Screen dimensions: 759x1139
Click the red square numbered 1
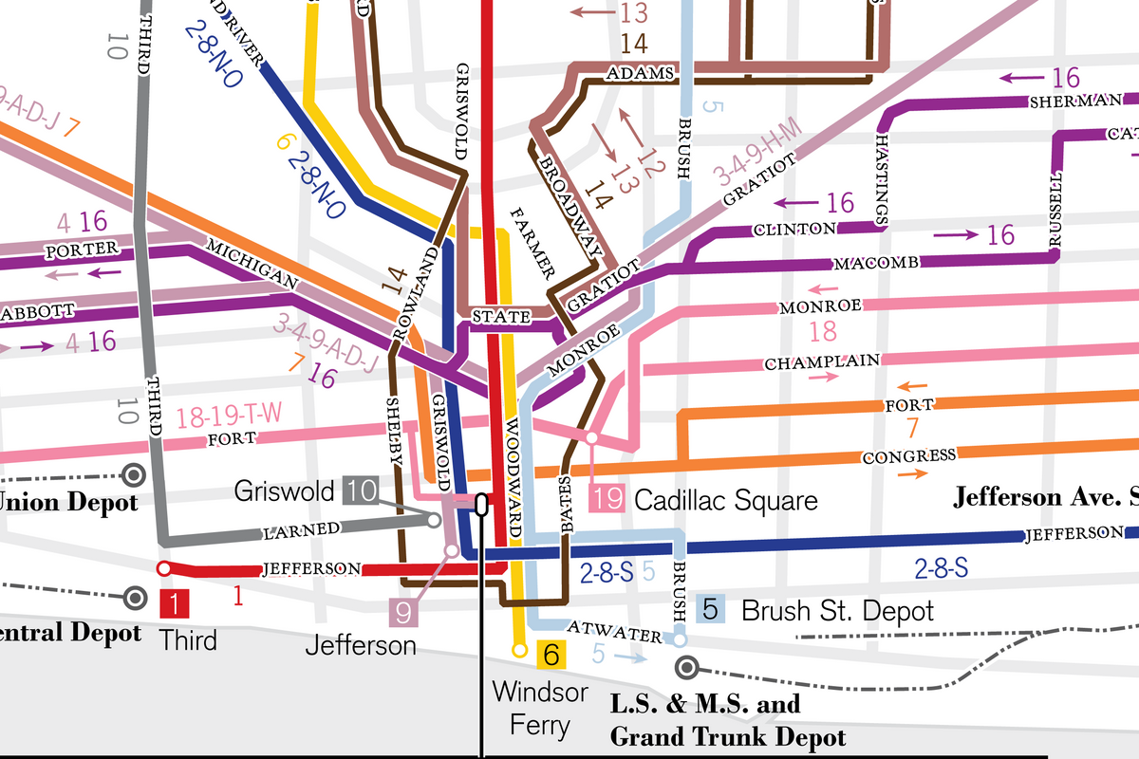(x=176, y=602)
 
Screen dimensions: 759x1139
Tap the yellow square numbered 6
(x=551, y=654)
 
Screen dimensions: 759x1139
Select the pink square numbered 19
(x=607, y=499)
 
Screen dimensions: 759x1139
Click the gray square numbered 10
(x=362, y=491)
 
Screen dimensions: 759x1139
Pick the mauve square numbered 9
(x=403, y=613)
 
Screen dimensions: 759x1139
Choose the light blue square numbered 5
(x=711, y=609)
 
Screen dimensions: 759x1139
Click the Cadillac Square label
(x=725, y=500)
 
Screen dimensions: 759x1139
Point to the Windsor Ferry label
(x=539, y=709)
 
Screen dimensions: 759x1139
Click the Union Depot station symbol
(x=136, y=473)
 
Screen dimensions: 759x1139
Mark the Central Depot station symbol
(x=136, y=598)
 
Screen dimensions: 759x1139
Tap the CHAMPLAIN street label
(x=822, y=363)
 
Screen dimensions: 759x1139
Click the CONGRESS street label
(x=908, y=456)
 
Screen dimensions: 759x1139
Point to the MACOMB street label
(x=875, y=263)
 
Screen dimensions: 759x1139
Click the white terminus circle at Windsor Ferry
(x=519, y=650)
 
